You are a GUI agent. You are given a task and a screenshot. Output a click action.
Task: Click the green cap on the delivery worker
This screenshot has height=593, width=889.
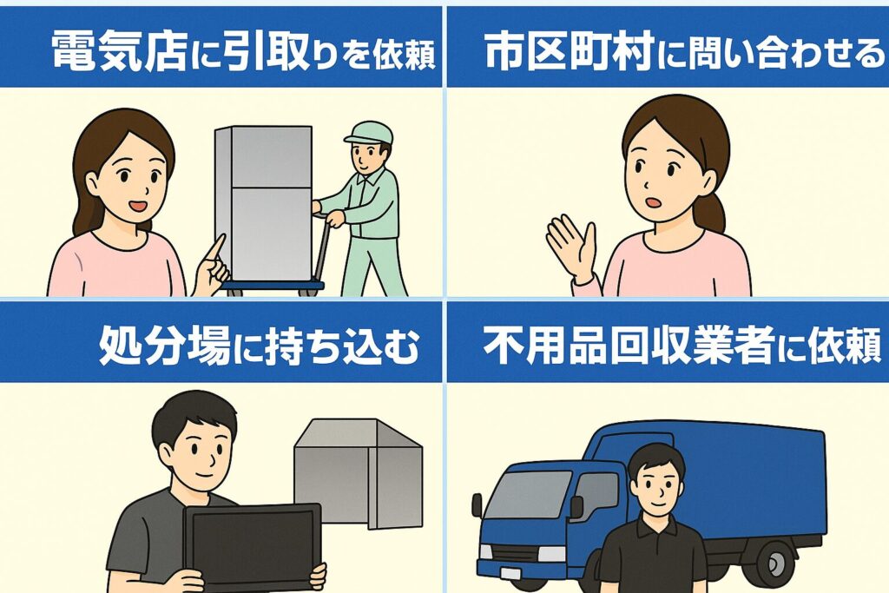click(x=368, y=134)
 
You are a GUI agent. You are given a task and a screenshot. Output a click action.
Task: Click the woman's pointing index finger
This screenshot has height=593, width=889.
click(x=217, y=247)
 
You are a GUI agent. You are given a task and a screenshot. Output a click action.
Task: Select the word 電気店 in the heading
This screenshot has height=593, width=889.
click(x=119, y=50)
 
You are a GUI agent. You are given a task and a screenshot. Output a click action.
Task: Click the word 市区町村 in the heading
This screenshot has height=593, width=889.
click(x=570, y=50)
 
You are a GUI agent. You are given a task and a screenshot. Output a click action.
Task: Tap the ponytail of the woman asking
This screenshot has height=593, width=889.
click(x=713, y=211)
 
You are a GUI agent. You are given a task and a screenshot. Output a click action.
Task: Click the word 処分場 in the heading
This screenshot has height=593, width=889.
click(x=165, y=346)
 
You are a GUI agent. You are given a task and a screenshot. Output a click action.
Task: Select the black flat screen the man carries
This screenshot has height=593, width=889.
click(x=252, y=545)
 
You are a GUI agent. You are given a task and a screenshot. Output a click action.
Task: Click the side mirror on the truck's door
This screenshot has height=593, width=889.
click(x=576, y=506)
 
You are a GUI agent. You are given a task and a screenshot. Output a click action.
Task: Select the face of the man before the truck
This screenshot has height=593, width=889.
click(x=657, y=488)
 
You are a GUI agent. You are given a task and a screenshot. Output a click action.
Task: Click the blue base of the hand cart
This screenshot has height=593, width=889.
click(x=272, y=285)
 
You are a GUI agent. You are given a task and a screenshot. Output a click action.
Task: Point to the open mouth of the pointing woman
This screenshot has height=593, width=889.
click(x=138, y=205)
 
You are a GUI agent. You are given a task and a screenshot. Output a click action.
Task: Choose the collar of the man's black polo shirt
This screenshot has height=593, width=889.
click(x=656, y=527)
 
